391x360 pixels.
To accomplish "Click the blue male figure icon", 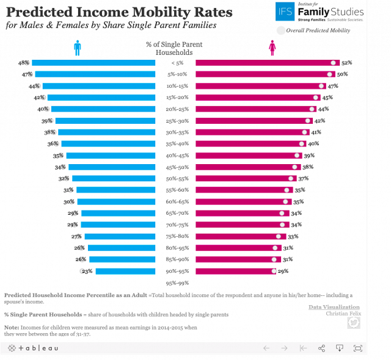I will (78, 48).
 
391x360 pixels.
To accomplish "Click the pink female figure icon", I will (272, 48).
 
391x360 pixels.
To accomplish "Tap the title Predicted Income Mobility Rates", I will (119, 13).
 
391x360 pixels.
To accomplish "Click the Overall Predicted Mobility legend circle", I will (280, 30).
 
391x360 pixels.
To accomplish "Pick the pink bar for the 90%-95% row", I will (236, 272).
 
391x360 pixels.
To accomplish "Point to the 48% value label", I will (24, 63).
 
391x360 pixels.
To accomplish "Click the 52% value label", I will (347, 63).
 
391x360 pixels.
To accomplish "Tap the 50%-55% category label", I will (177, 179).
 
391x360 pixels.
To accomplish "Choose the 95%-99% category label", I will (177, 283).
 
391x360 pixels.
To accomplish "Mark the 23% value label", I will (87, 272).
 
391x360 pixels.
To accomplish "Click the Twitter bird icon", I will (353, 322).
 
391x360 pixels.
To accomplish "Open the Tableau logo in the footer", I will (34, 348).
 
